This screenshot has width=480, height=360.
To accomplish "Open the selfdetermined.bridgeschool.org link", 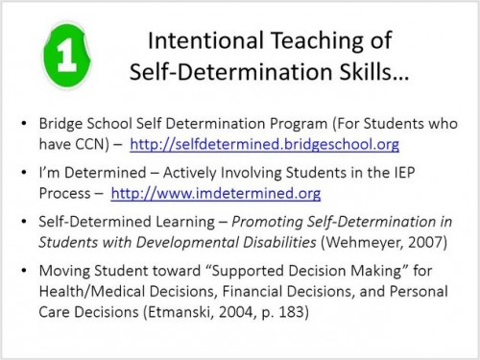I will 264,145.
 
